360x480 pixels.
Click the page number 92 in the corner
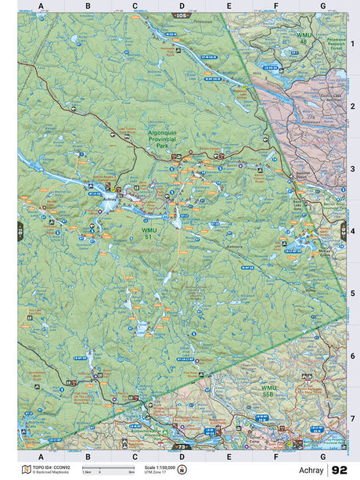[x=340, y=470]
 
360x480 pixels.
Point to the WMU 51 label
[x=149, y=233]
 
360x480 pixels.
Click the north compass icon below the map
[x=182, y=470]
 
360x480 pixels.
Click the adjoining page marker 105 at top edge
[x=182, y=15]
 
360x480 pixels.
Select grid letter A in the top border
[x=40, y=6]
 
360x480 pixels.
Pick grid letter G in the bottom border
[x=322, y=457]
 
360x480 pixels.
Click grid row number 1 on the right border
[x=353, y=44]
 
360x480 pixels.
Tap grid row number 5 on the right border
[x=353, y=294]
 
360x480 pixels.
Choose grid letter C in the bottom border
[x=135, y=457]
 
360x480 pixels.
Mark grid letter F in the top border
[x=276, y=6]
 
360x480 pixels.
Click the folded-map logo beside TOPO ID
[x=27, y=470]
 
